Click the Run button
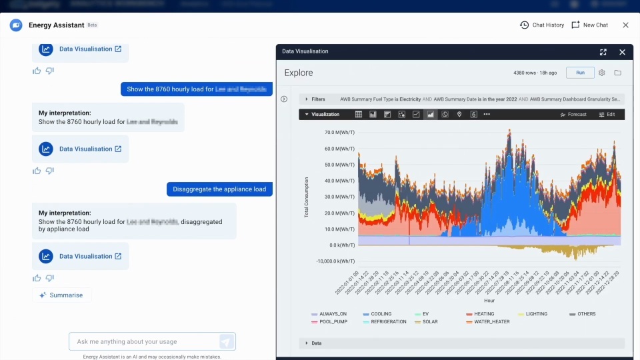[x=580, y=73]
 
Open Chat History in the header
[x=541, y=25]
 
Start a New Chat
[x=589, y=25]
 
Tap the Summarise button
[x=61, y=295]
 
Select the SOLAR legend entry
[x=427, y=322]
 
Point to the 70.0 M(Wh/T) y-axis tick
[x=338, y=133]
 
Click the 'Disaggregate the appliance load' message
[x=219, y=189]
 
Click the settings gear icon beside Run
[x=602, y=73]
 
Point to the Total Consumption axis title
[x=307, y=197]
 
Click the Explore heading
[x=298, y=73]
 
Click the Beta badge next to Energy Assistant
[x=92, y=25]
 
